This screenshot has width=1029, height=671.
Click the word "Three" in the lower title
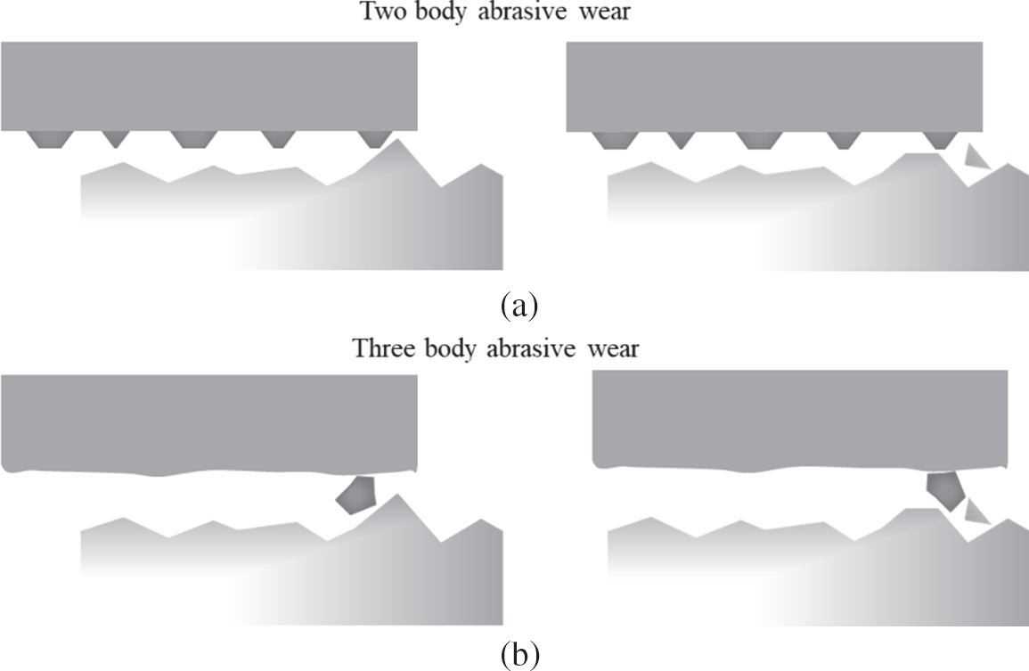(x=378, y=348)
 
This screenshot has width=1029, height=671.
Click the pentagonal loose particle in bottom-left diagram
(x=355, y=495)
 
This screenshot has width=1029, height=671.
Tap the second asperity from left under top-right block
(x=680, y=139)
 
